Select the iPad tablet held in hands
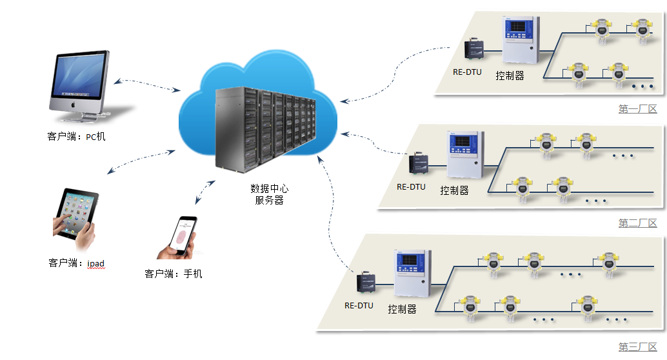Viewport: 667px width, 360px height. click(75, 217)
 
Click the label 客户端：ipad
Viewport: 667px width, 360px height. click(76, 263)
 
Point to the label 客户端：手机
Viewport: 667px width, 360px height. click(174, 274)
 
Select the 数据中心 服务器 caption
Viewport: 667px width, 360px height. click(269, 195)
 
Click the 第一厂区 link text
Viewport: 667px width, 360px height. click(637, 109)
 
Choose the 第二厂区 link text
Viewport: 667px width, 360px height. click(637, 223)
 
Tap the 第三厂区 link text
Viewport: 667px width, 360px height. click(637, 347)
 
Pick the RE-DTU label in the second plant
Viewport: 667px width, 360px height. click(411, 187)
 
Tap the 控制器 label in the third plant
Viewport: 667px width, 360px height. click(402, 309)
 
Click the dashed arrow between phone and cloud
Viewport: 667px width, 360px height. click(205, 192)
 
